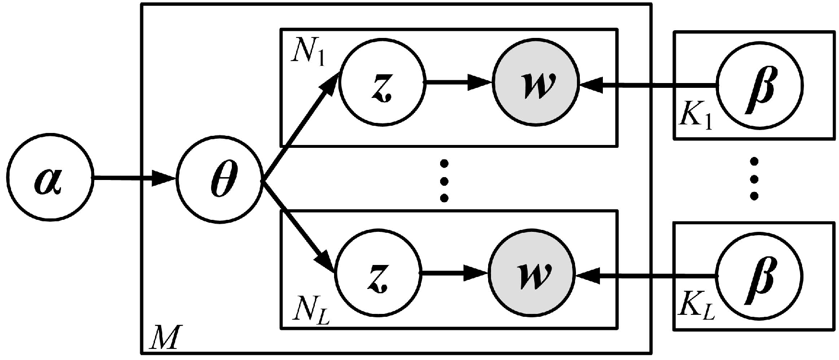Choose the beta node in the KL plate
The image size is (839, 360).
[759, 276]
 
